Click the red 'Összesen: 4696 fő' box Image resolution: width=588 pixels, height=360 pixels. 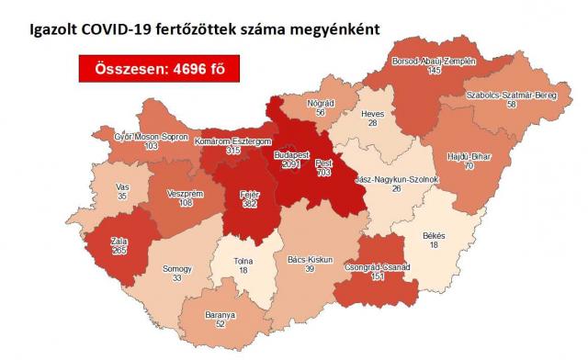[152, 70]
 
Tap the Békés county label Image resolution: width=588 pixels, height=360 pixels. [433, 235]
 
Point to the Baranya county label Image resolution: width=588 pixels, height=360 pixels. [221, 314]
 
